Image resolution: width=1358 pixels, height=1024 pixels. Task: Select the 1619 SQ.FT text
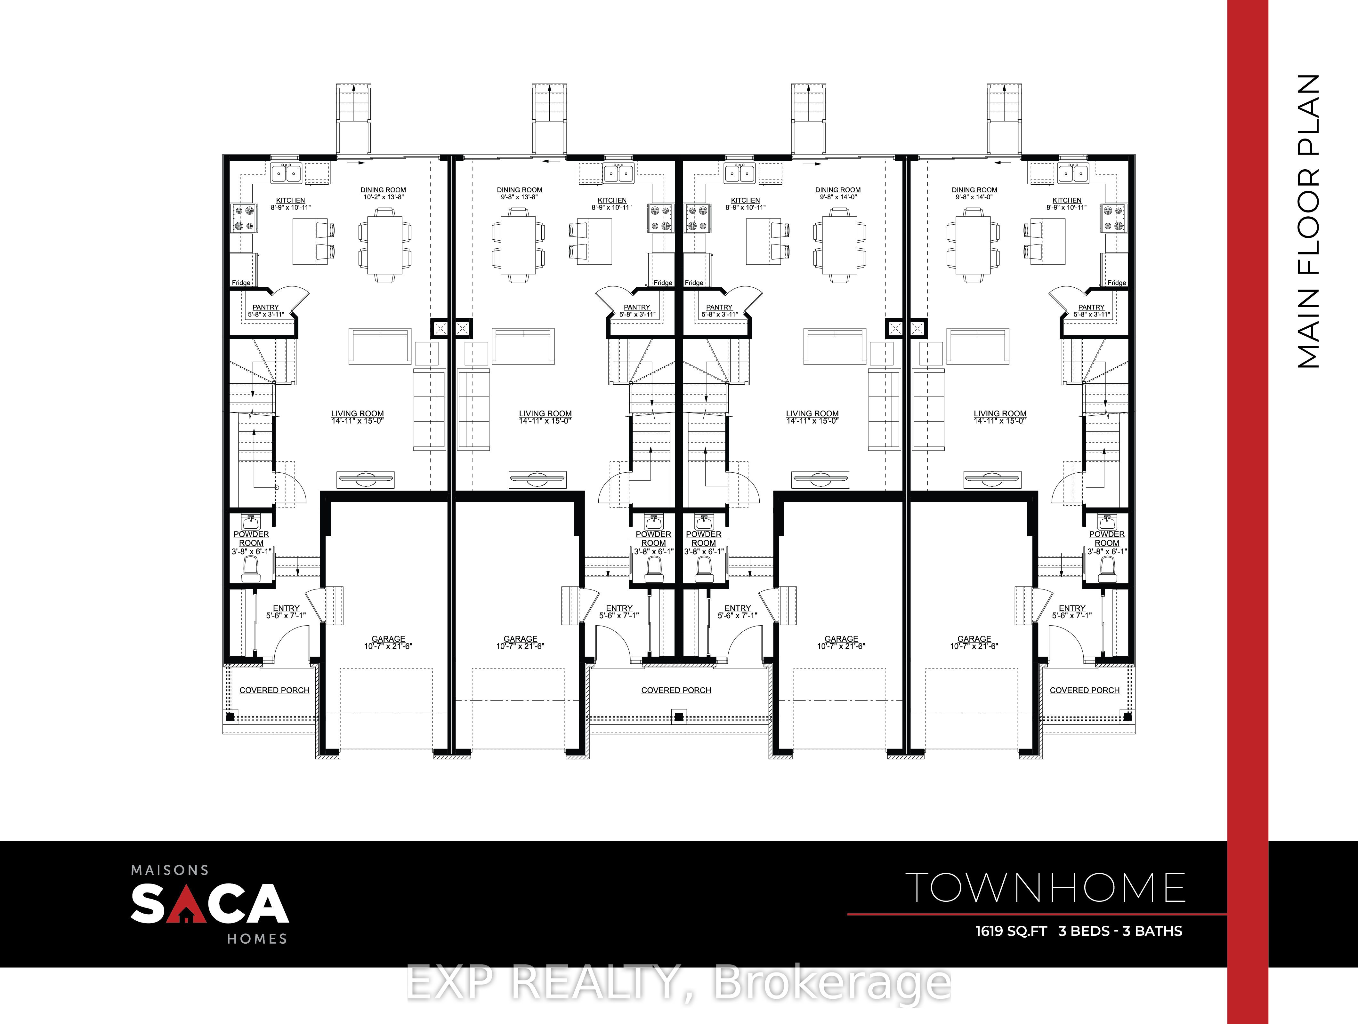(x=1011, y=931)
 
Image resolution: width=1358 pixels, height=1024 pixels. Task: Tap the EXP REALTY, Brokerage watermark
(x=678, y=982)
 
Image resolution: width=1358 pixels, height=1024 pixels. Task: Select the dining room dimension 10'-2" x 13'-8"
(x=383, y=197)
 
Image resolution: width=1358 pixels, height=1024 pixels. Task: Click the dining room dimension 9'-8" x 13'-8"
(x=519, y=197)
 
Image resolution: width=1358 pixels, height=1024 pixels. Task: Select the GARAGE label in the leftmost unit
(x=388, y=639)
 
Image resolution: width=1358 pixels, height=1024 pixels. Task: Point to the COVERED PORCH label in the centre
(x=676, y=690)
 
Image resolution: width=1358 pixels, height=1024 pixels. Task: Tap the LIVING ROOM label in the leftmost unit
(x=357, y=413)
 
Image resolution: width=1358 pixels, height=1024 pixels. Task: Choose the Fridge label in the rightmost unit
(x=1117, y=283)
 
